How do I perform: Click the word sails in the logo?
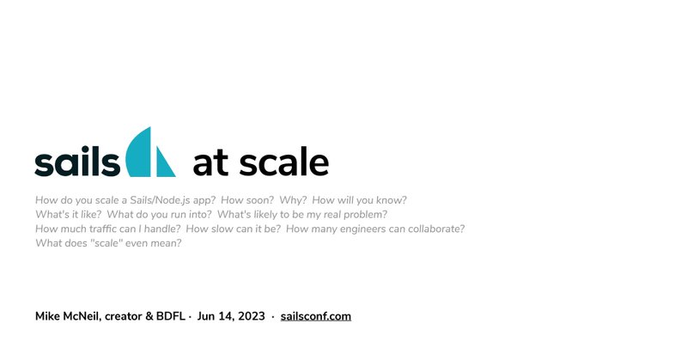(77, 161)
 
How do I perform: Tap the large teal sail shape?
(139, 154)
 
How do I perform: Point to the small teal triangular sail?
(165, 163)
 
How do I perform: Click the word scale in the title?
(284, 162)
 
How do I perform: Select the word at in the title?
(210, 162)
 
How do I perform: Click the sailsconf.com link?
(316, 316)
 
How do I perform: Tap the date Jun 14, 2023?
(231, 316)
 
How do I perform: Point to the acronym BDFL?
(170, 316)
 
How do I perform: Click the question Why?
(293, 200)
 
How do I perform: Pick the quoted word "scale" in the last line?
(106, 243)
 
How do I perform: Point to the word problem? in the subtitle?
(366, 215)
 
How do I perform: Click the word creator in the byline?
(123, 316)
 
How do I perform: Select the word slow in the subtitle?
(222, 229)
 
